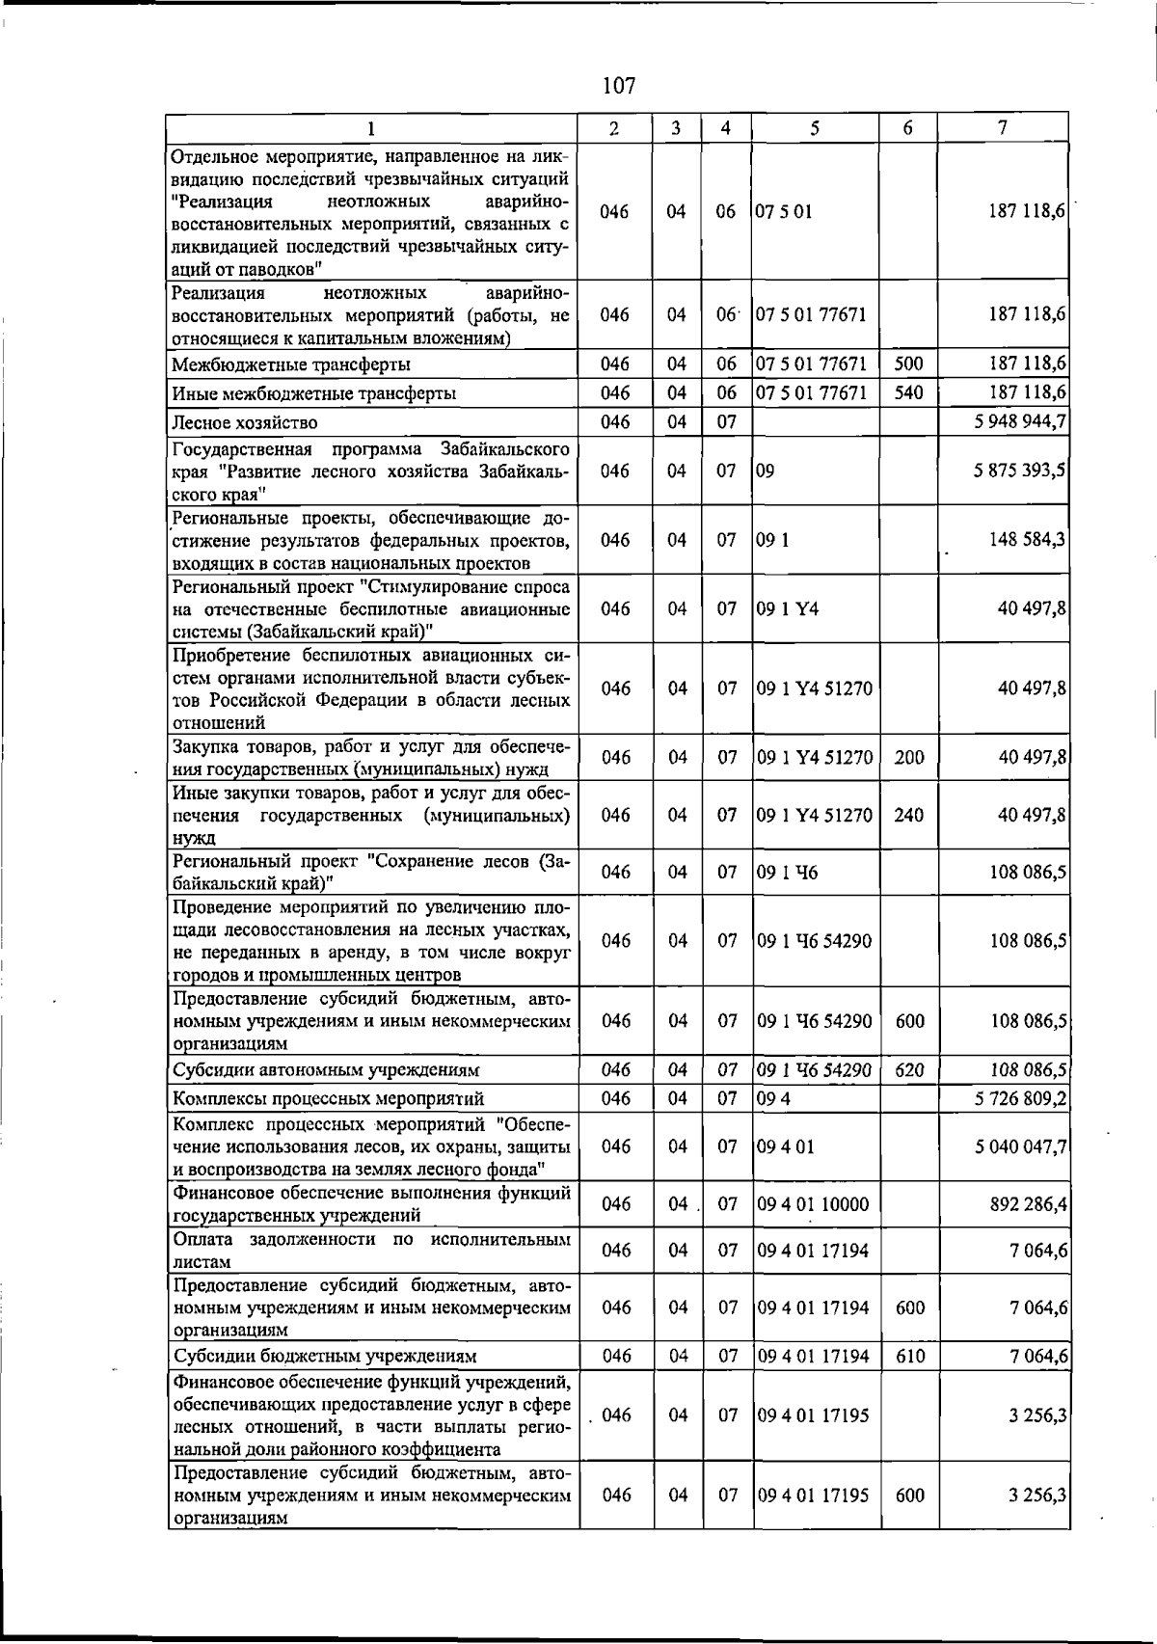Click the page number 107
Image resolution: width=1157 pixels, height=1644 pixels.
coord(618,86)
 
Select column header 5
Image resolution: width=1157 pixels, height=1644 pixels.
coord(815,127)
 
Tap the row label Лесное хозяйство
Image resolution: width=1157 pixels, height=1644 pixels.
coord(245,422)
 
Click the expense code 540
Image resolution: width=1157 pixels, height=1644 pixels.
coord(908,393)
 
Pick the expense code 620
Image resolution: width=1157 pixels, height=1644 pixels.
coord(909,1069)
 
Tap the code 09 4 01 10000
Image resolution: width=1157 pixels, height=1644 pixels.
coord(813,1204)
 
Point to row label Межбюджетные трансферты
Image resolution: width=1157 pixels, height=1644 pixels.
coord(291,364)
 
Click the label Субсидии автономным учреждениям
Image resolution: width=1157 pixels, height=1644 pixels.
coord(326,1070)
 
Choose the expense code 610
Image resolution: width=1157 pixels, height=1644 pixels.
coord(909,1356)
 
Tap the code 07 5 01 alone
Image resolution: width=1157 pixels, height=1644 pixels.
coord(784,211)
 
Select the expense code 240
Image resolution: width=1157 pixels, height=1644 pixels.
coord(908,815)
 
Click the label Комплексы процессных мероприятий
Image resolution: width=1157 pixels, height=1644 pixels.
coord(328,1099)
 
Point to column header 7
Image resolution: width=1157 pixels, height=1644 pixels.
coord(1004,127)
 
